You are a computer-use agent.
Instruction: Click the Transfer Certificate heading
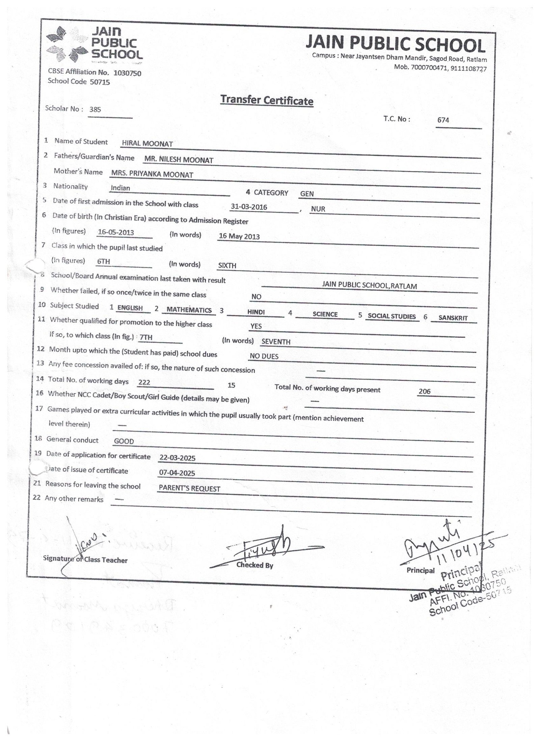point(267,101)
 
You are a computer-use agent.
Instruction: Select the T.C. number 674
point(443,120)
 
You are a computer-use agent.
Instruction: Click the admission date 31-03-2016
point(249,207)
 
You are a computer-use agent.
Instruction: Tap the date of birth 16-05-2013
point(116,232)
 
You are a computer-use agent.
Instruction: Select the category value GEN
point(307,194)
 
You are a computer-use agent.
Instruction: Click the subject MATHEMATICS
point(189,310)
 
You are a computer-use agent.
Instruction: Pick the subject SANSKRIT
point(453,318)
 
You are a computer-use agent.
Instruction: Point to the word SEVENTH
point(276,342)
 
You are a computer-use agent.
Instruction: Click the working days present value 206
point(424,392)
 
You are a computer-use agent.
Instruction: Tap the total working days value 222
point(144,382)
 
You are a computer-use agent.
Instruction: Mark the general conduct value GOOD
point(124,441)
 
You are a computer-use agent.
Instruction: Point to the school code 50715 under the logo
point(100,82)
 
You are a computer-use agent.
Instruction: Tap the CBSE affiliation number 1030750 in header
point(127,73)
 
